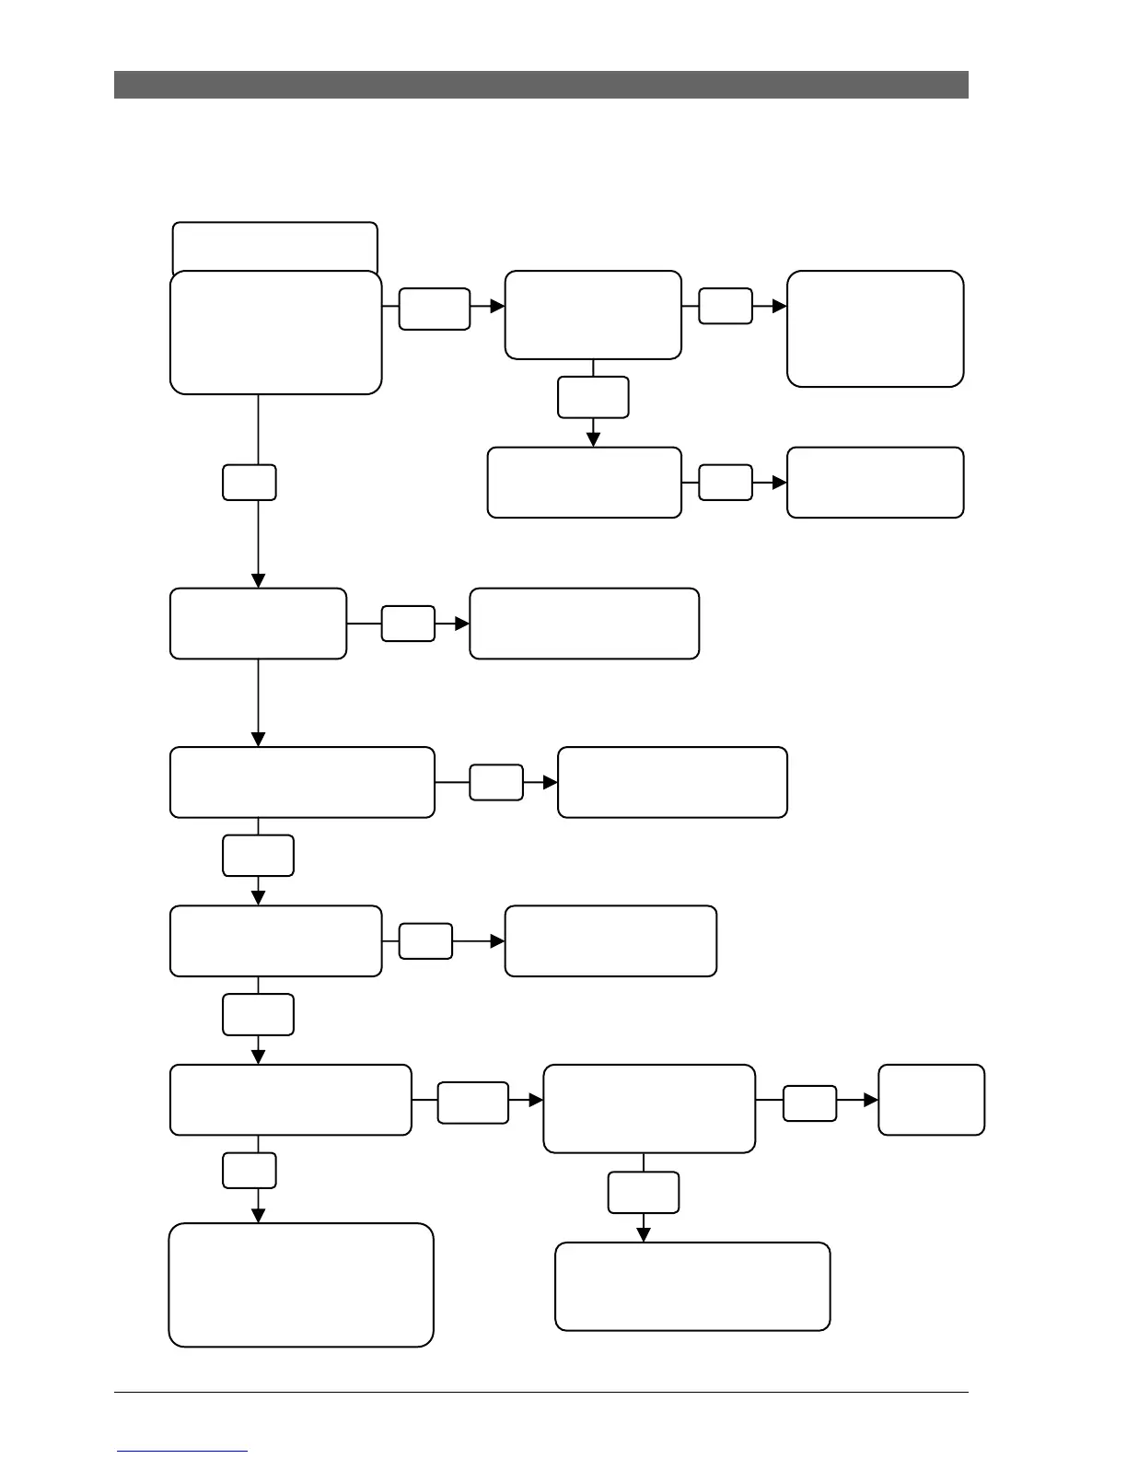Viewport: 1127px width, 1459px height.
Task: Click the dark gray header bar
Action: (x=541, y=85)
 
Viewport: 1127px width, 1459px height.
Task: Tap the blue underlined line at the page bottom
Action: (x=182, y=1451)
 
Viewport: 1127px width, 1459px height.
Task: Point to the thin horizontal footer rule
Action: (x=541, y=1393)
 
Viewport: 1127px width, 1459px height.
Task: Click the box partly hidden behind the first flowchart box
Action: (x=275, y=245)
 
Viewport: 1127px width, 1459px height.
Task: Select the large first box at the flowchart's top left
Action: (x=275, y=333)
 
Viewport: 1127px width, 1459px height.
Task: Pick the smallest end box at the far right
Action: (x=931, y=1100)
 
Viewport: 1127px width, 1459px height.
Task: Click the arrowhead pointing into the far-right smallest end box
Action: (x=871, y=1100)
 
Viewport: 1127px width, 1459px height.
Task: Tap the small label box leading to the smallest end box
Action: (x=809, y=1103)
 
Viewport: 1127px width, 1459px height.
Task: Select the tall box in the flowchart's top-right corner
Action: (x=875, y=328)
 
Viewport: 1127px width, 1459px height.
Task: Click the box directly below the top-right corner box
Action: (x=875, y=483)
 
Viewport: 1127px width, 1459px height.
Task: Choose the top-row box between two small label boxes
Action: (x=593, y=314)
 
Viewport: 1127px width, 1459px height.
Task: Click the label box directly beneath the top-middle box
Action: (x=593, y=397)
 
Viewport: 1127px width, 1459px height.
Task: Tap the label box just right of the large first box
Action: (x=434, y=309)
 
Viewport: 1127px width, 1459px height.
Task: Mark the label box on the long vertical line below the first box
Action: (x=249, y=482)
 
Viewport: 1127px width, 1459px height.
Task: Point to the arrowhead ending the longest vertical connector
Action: (x=258, y=580)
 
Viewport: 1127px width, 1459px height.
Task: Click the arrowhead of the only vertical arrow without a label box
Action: (x=258, y=740)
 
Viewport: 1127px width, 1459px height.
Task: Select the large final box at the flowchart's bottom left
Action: (x=301, y=1285)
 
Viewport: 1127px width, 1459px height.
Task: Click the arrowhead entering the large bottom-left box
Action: (x=258, y=1216)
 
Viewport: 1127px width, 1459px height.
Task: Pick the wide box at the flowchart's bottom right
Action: (x=692, y=1286)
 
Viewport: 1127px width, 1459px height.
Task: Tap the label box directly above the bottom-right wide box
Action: (x=644, y=1193)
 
